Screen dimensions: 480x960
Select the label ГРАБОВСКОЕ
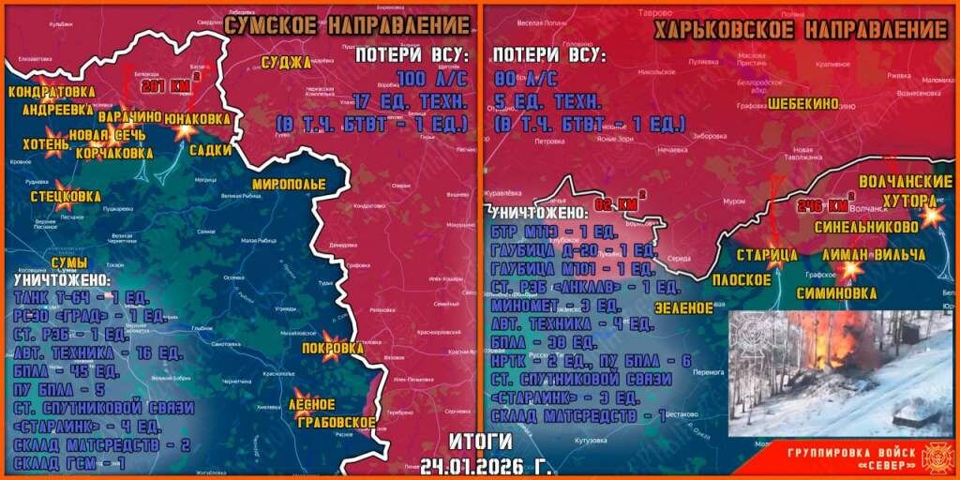pos(332,422)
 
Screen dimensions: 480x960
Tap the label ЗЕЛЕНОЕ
pos(682,307)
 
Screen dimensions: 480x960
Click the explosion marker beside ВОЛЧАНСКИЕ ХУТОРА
pos(931,217)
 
